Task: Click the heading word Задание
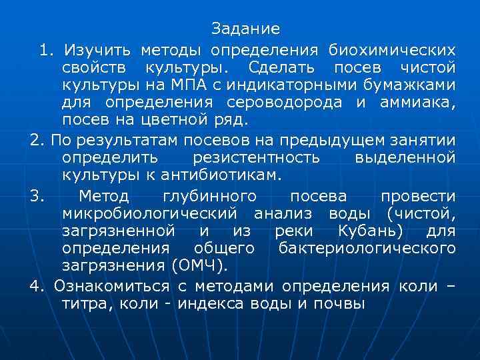pos(245,29)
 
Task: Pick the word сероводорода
pos(279,103)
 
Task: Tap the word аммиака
pos(419,103)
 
